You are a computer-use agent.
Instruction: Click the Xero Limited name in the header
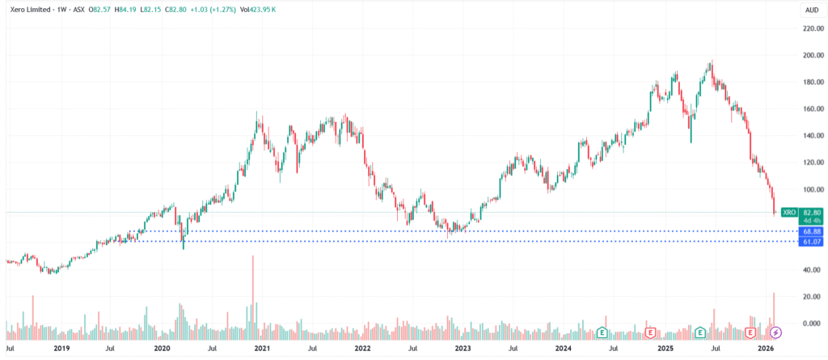28,8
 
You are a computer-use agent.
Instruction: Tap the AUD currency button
809,9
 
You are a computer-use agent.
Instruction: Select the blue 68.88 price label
810,231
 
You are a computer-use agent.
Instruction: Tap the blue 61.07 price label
810,241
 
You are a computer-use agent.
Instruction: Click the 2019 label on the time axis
61,349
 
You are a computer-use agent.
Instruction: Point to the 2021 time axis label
261,349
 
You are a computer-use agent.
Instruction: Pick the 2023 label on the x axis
463,349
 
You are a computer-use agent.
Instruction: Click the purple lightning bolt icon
775,332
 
